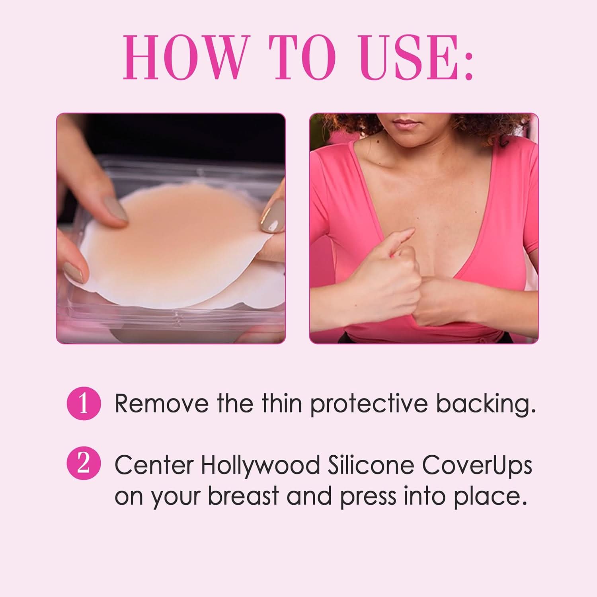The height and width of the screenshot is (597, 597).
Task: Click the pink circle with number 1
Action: [84, 403]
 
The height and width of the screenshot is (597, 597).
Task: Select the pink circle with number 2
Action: [84, 464]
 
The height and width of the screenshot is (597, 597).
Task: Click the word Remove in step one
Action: [161, 403]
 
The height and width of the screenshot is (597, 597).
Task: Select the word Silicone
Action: [371, 464]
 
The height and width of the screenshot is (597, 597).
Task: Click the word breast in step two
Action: [243, 496]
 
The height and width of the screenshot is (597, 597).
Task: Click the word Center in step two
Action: [154, 464]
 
